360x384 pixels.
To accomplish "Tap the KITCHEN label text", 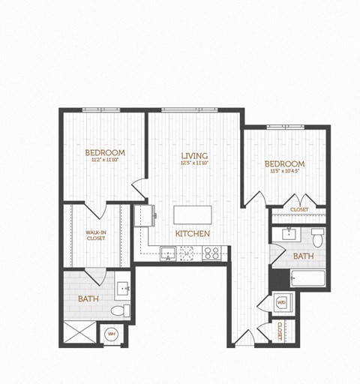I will [193, 234].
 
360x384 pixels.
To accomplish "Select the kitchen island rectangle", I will [192, 215].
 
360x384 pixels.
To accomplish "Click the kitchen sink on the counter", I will [167, 254].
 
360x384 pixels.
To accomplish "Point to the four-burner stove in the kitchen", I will [211, 253].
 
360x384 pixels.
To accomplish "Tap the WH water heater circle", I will [111, 334].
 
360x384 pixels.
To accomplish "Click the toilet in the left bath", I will [120, 310].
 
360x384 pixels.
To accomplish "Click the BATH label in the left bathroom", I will [88, 299].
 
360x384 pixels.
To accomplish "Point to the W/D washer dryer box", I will [282, 303].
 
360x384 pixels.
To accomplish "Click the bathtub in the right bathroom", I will [307, 279].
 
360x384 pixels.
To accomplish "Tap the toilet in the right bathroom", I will [316, 239].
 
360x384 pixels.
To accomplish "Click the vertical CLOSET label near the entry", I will [280, 331].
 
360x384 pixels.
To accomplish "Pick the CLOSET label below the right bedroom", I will [299, 210].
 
